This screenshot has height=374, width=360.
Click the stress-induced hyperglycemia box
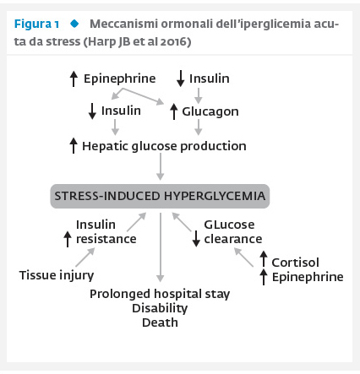160,196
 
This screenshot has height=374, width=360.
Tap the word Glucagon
210,111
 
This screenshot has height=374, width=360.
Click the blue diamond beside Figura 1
74,24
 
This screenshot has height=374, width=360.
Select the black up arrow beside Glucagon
174,111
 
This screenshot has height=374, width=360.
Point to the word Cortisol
295,263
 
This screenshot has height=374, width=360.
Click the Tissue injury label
57,275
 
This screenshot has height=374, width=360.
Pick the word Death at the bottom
160,323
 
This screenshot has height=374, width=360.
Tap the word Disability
160,308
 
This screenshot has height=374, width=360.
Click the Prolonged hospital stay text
160,295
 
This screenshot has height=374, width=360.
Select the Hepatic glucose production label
164,146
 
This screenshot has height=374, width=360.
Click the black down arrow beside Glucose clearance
196,239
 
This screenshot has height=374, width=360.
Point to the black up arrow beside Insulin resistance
68,239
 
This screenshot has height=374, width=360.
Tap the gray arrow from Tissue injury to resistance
85,257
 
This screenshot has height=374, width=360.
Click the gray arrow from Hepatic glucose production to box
161,166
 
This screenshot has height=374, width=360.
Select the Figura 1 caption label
36,24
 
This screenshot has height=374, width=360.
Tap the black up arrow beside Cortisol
264,259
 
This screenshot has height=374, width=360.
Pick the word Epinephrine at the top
120,79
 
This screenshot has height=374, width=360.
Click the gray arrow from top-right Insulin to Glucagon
199,96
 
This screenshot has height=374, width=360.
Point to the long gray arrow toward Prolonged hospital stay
161,247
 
